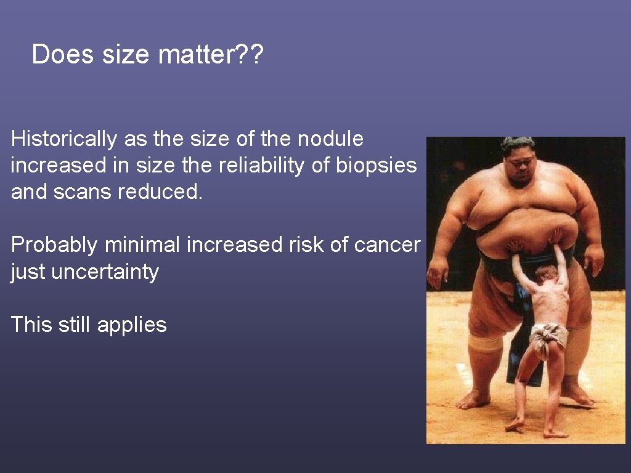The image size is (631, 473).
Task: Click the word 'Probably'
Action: click(54, 245)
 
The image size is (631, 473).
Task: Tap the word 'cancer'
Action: click(387, 245)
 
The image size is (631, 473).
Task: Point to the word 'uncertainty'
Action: click(105, 272)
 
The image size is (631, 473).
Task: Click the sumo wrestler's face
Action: click(518, 168)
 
